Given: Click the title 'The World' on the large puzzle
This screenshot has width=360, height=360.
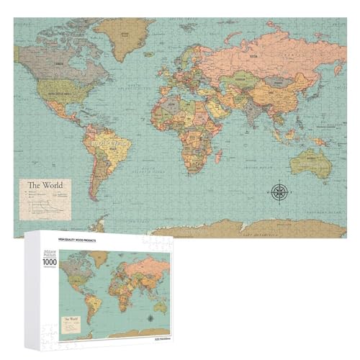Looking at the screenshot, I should pyautogui.click(x=44, y=185).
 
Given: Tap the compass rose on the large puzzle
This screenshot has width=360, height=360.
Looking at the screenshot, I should pyautogui.click(x=279, y=191).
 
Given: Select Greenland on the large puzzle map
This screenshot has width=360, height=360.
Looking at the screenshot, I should pyautogui.click(x=122, y=32).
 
